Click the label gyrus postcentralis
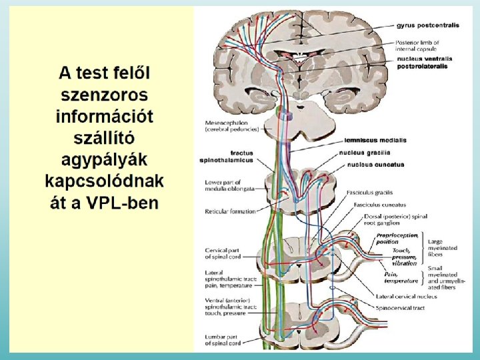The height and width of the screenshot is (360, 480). pyautogui.click(x=427, y=25)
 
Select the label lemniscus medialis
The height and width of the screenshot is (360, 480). pyautogui.click(x=376, y=141)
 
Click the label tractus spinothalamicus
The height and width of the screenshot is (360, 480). pyautogui.click(x=227, y=157)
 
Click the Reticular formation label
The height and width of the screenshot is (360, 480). pyautogui.click(x=230, y=211)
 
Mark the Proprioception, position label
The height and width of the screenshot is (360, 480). pyautogui.click(x=397, y=238)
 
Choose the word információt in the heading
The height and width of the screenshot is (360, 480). pyautogui.click(x=104, y=116)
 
